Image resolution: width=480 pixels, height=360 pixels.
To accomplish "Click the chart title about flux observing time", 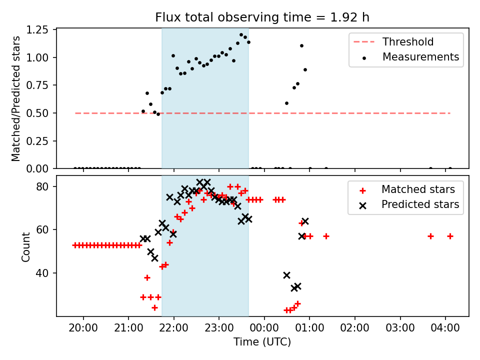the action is (x=262, y=17).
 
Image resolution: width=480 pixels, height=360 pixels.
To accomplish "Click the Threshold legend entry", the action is (x=393, y=41).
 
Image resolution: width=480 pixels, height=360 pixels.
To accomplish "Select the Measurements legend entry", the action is (x=411, y=57).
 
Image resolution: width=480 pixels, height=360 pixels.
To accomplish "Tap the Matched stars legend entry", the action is (x=407, y=189).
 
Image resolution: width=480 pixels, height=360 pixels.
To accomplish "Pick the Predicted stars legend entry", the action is (x=409, y=204).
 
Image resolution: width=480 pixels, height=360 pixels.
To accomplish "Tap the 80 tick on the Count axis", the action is (x=42, y=186).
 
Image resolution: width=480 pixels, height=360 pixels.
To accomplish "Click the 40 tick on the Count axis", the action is (x=42, y=273).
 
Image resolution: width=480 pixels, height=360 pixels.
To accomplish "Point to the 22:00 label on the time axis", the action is (x=174, y=328).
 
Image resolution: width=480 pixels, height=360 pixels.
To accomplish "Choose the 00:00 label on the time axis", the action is (x=264, y=328).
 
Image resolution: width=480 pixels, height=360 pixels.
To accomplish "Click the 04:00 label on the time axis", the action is (x=445, y=328).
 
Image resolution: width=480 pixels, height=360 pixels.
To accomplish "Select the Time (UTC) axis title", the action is (x=262, y=342).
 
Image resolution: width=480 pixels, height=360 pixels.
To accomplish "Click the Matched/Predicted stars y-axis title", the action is (x=15, y=98).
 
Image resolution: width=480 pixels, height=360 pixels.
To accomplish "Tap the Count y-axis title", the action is (x=25, y=246).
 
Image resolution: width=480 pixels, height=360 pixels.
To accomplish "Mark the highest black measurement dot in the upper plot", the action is (x=241, y=35).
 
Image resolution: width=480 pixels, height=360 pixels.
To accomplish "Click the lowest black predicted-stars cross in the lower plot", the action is (x=294, y=288).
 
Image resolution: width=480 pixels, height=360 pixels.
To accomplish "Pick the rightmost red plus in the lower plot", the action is (x=450, y=236).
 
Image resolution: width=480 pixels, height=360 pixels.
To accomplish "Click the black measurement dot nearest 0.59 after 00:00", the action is (x=286, y=103).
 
